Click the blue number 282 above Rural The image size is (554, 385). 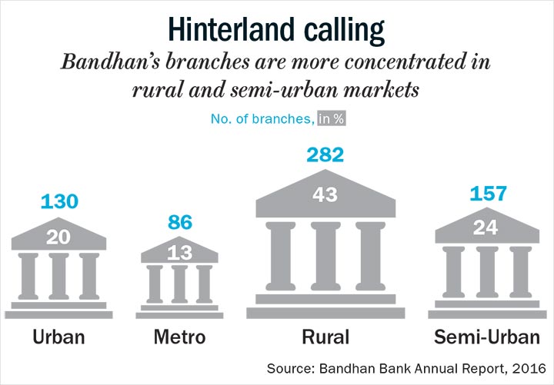click(x=325, y=155)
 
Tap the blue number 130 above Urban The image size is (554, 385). click(x=59, y=201)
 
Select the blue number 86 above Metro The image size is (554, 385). click(x=180, y=222)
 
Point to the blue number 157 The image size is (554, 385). click(x=488, y=194)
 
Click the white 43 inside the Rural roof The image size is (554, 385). click(x=325, y=194)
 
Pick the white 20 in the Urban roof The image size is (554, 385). click(x=58, y=237)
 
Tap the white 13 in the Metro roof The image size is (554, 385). click(x=180, y=253)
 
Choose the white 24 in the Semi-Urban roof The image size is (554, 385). click(x=486, y=227)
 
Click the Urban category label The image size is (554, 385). click(x=58, y=337)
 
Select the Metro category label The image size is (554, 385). click(x=179, y=337)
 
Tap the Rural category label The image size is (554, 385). click(x=325, y=337)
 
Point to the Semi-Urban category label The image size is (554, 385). click(x=487, y=337)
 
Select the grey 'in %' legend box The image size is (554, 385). click(x=331, y=118)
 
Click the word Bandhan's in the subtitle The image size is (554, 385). click(x=111, y=62)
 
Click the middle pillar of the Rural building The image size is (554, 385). click(x=325, y=256)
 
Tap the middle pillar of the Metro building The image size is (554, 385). click(x=179, y=284)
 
